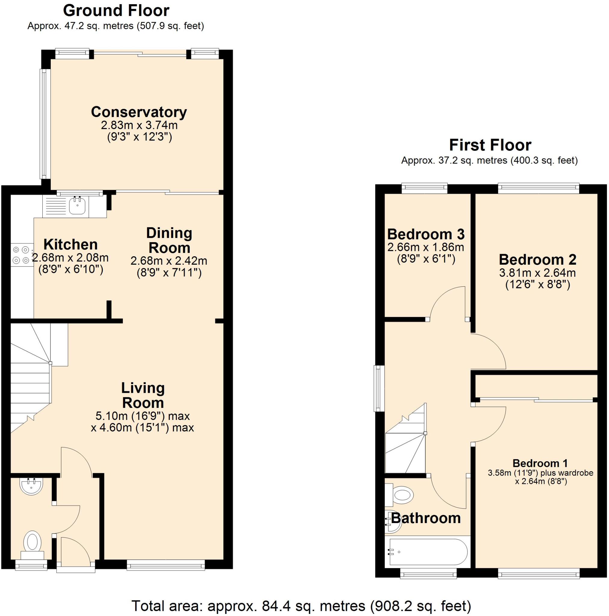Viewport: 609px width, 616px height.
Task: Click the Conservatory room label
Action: tap(139, 112)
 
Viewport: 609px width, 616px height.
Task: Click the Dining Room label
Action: tap(169, 240)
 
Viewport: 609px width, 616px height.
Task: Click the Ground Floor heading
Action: tap(116, 11)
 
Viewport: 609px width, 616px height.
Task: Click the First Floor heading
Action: tap(490, 145)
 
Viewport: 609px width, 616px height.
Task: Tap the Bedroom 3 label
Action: tap(426, 234)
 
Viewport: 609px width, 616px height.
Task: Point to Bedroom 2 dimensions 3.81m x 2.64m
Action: tap(537, 273)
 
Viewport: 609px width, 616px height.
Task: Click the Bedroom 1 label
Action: tap(540, 463)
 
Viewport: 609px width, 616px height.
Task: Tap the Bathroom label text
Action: tap(426, 519)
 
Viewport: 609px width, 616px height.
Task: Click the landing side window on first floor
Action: tap(378, 388)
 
